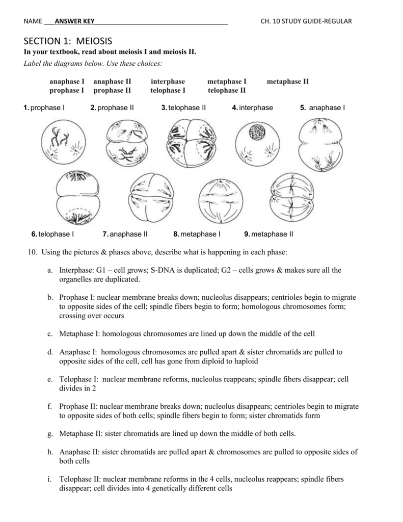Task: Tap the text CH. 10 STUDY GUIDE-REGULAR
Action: coord(306,21)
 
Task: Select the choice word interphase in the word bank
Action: coord(168,82)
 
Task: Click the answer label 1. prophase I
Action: coord(44,108)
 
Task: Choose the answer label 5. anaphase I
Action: coord(323,108)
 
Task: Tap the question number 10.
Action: coord(30,252)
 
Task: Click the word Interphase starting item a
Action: coord(76,270)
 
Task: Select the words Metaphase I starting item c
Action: coord(79,334)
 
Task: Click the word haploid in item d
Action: coord(246,361)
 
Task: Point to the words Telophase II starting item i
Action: coord(80,479)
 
